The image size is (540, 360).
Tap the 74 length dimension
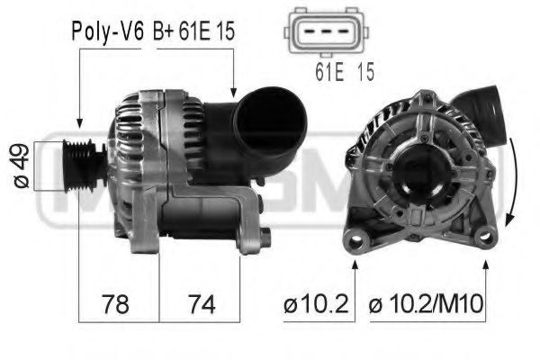(x=199, y=304)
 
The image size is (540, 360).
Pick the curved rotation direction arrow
(x=509, y=184)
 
